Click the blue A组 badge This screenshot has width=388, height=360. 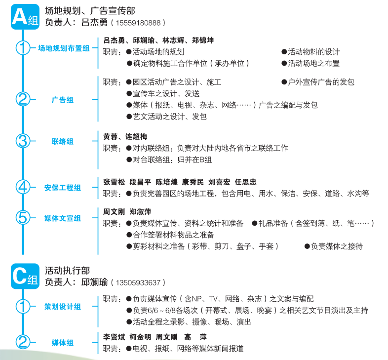[25, 17]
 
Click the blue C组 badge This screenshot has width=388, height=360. [25, 276]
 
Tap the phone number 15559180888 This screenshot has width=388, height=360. [138, 23]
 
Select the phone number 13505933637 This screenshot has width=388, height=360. [138, 282]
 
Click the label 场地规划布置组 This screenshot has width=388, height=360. [64, 48]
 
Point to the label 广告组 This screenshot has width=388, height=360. [63, 100]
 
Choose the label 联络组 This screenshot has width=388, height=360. [63, 141]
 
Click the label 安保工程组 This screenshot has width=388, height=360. [63, 188]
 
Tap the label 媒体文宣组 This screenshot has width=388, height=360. [63, 218]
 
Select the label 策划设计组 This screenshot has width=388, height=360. [63, 307]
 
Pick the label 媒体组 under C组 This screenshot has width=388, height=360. [63, 343]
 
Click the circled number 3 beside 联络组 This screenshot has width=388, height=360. [23, 141]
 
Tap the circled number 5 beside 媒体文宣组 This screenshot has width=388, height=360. [23, 218]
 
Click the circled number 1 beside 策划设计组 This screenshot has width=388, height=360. [23, 306]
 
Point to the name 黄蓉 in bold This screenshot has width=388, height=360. [111, 136]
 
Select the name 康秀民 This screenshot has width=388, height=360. [193, 182]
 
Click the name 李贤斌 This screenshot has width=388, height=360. [114, 337]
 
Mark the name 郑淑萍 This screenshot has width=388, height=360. [140, 212]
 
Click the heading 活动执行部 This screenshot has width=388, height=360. [67, 271]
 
